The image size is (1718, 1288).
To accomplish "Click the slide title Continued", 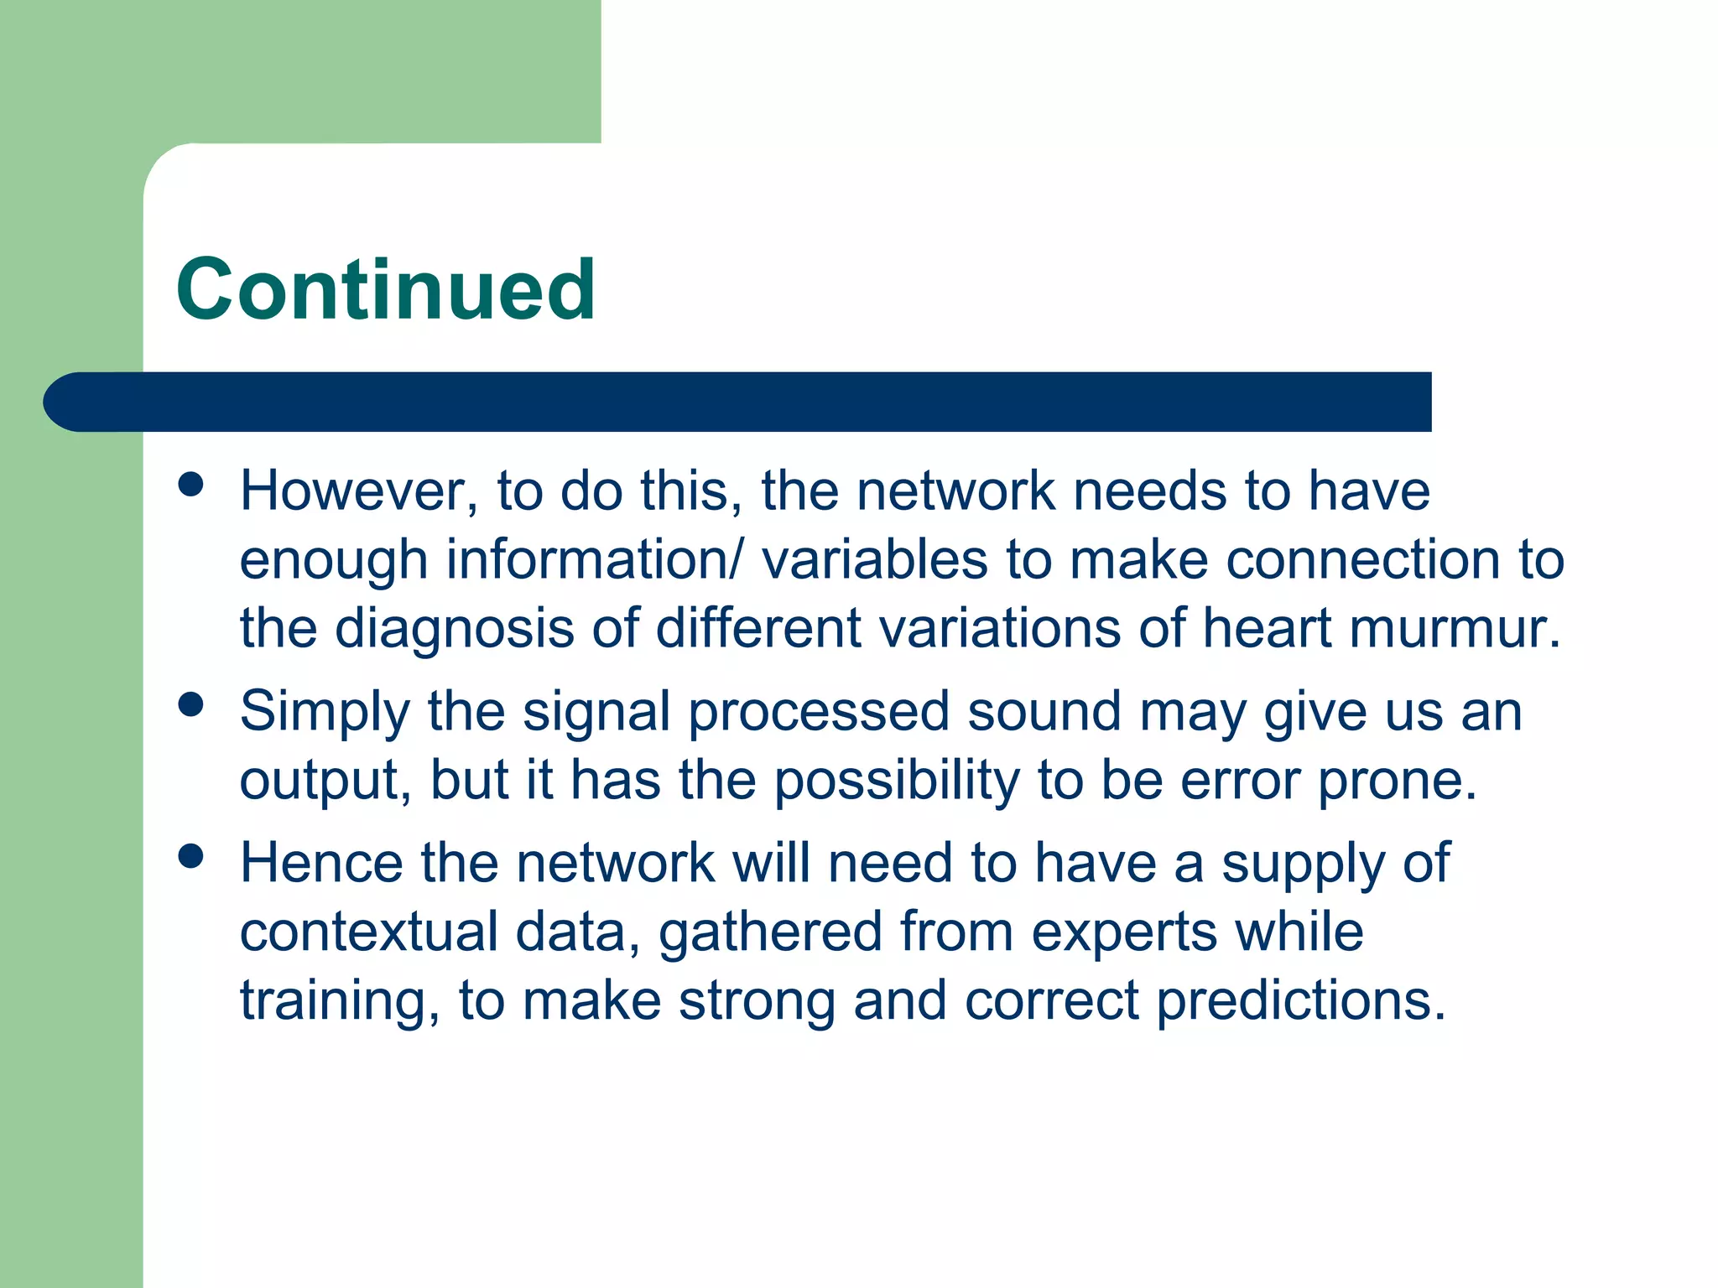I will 386,289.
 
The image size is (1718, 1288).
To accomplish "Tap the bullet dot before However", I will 191,485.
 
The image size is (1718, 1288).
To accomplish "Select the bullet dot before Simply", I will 191,704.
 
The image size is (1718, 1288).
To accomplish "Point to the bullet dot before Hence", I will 191,856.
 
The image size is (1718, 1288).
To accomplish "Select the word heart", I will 1267,628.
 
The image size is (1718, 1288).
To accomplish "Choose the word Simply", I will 325,712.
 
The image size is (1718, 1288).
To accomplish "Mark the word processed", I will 819,712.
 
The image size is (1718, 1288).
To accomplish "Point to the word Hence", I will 321,863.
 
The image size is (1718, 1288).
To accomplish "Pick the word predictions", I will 1300,1000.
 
